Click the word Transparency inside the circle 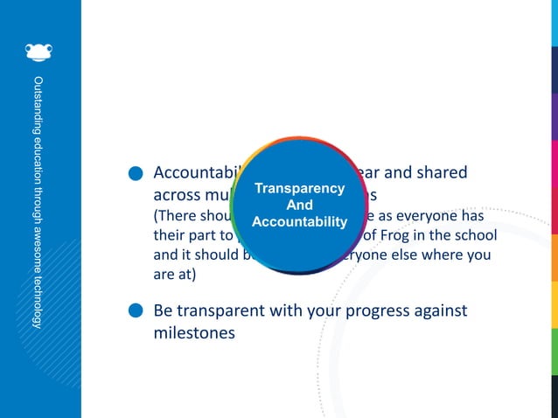[300, 189]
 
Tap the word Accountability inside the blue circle [300, 222]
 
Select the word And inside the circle [300, 206]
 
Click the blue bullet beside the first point [136, 175]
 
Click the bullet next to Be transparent [136, 311]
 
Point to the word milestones [193, 333]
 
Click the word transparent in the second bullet [229, 311]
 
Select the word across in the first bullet [178, 195]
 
